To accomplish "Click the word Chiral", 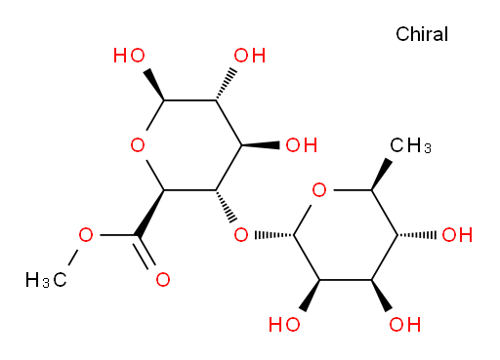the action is pos(422,34).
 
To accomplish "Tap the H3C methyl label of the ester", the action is pos(46,280).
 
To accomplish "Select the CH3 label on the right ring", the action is pos(410,145).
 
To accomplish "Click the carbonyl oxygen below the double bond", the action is pos(163,280).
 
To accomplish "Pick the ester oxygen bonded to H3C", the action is pos(86,235).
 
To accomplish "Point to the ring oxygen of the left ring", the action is pos(138,144).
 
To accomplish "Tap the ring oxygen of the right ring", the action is pos(319,190).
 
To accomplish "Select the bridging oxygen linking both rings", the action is pos(241,235).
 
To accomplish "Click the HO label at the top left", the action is pos(129,56).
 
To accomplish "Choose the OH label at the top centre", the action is pos(250,56).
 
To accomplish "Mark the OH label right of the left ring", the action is pos(302,145).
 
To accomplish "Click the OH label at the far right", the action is pos(457,235).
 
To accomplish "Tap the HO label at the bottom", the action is pos(284,325).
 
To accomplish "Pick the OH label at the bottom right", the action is pos(405,325).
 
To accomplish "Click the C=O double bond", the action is pos(146,253).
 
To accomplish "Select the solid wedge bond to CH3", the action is pos(379,175).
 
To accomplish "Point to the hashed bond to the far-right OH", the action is pos(417,235).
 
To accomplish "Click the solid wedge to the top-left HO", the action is pos(155,84).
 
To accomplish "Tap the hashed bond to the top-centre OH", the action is pos(226,84).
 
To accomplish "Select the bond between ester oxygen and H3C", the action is pos(72,259).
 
